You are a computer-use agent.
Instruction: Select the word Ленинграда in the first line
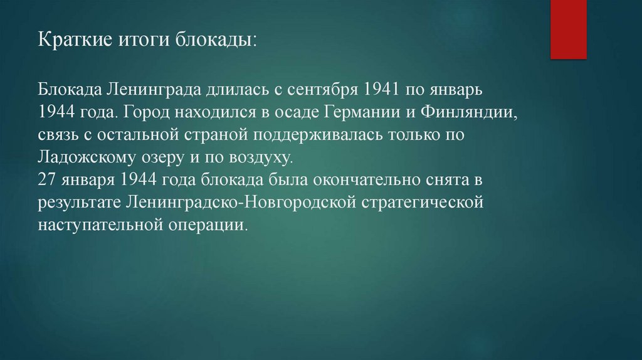coord(152,90)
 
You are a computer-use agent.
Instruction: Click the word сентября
coord(321,90)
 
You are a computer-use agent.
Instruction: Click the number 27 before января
coord(47,180)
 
